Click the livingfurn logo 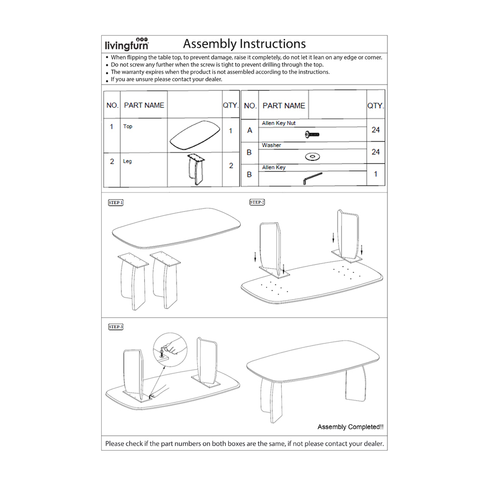tap(127, 44)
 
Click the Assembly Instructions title tap(244, 44)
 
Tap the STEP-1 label tap(116, 202)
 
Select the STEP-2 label tap(257, 202)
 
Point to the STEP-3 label tap(116, 327)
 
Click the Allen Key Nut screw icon tap(312, 135)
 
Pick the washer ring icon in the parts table tap(312, 156)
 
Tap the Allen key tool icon tap(312, 178)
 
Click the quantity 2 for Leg tap(231, 166)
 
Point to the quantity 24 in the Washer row tap(375, 152)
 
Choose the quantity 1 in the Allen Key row tap(375, 174)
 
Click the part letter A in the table tap(249, 130)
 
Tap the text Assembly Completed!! tap(351, 427)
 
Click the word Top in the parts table tap(128, 126)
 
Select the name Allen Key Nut tap(278, 123)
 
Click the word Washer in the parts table tap(271, 145)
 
